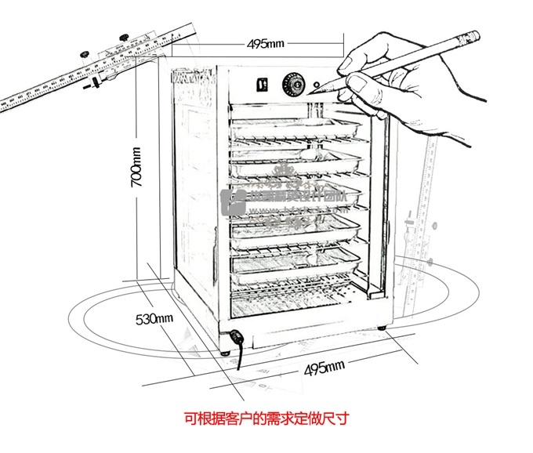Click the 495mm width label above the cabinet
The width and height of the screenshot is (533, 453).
coord(266,43)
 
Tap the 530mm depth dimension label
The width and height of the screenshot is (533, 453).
coord(154,319)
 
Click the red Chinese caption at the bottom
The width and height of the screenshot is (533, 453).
coord(266,419)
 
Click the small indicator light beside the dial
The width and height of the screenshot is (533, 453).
coord(317,84)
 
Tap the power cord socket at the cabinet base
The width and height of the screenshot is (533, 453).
coord(235,339)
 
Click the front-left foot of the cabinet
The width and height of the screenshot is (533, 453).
coord(227,351)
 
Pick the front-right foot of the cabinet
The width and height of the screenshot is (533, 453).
coord(382,328)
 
